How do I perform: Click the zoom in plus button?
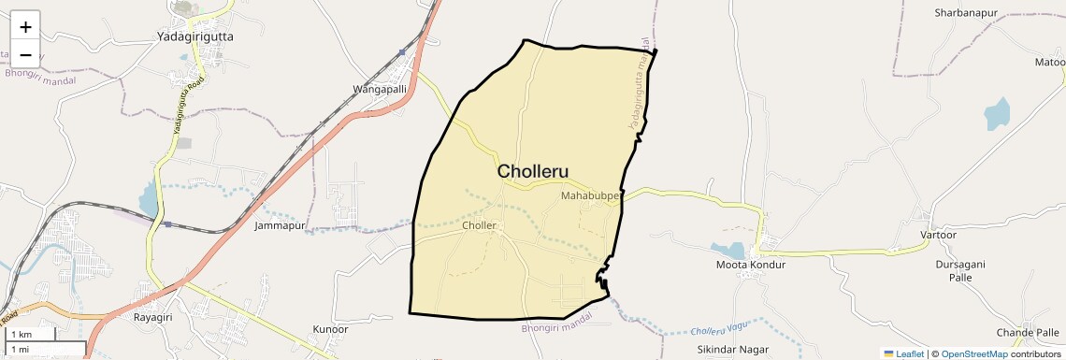[25, 27]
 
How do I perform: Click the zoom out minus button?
[25, 54]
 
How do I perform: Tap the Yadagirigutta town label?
[195, 36]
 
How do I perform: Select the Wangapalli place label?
[379, 89]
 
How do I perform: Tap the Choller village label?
[479, 225]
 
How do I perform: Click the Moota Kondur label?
[750, 265]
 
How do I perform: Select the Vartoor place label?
[940, 235]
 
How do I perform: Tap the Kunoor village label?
[330, 330]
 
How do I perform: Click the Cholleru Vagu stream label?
[721, 330]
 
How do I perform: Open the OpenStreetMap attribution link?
[973, 353]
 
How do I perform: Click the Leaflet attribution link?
[906, 353]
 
